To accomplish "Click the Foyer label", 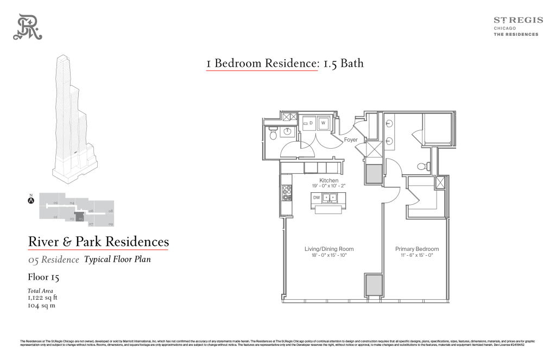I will click(x=351, y=140).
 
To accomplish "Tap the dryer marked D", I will click(x=309, y=123).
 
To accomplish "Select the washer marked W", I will click(x=323, y=123).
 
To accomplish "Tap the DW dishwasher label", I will click(x=317, y=198).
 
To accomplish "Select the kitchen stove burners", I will click(x=287, y=193).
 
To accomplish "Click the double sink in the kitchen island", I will click(x=330, y=198).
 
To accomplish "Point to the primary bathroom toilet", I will click(x=422, y=166).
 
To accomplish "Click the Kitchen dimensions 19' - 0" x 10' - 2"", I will click(x=328, y=186).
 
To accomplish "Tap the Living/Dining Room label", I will click(x=328, y=249).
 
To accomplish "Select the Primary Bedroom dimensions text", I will click(x=416, y=255).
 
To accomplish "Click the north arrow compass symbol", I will click(x=31, y=200).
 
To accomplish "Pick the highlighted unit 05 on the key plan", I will click(x=80, y=218).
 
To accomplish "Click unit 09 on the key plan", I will click(x=110, y=224).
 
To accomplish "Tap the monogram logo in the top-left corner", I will click(x=28, y=27).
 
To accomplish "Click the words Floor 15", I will click(x=43, y=277).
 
